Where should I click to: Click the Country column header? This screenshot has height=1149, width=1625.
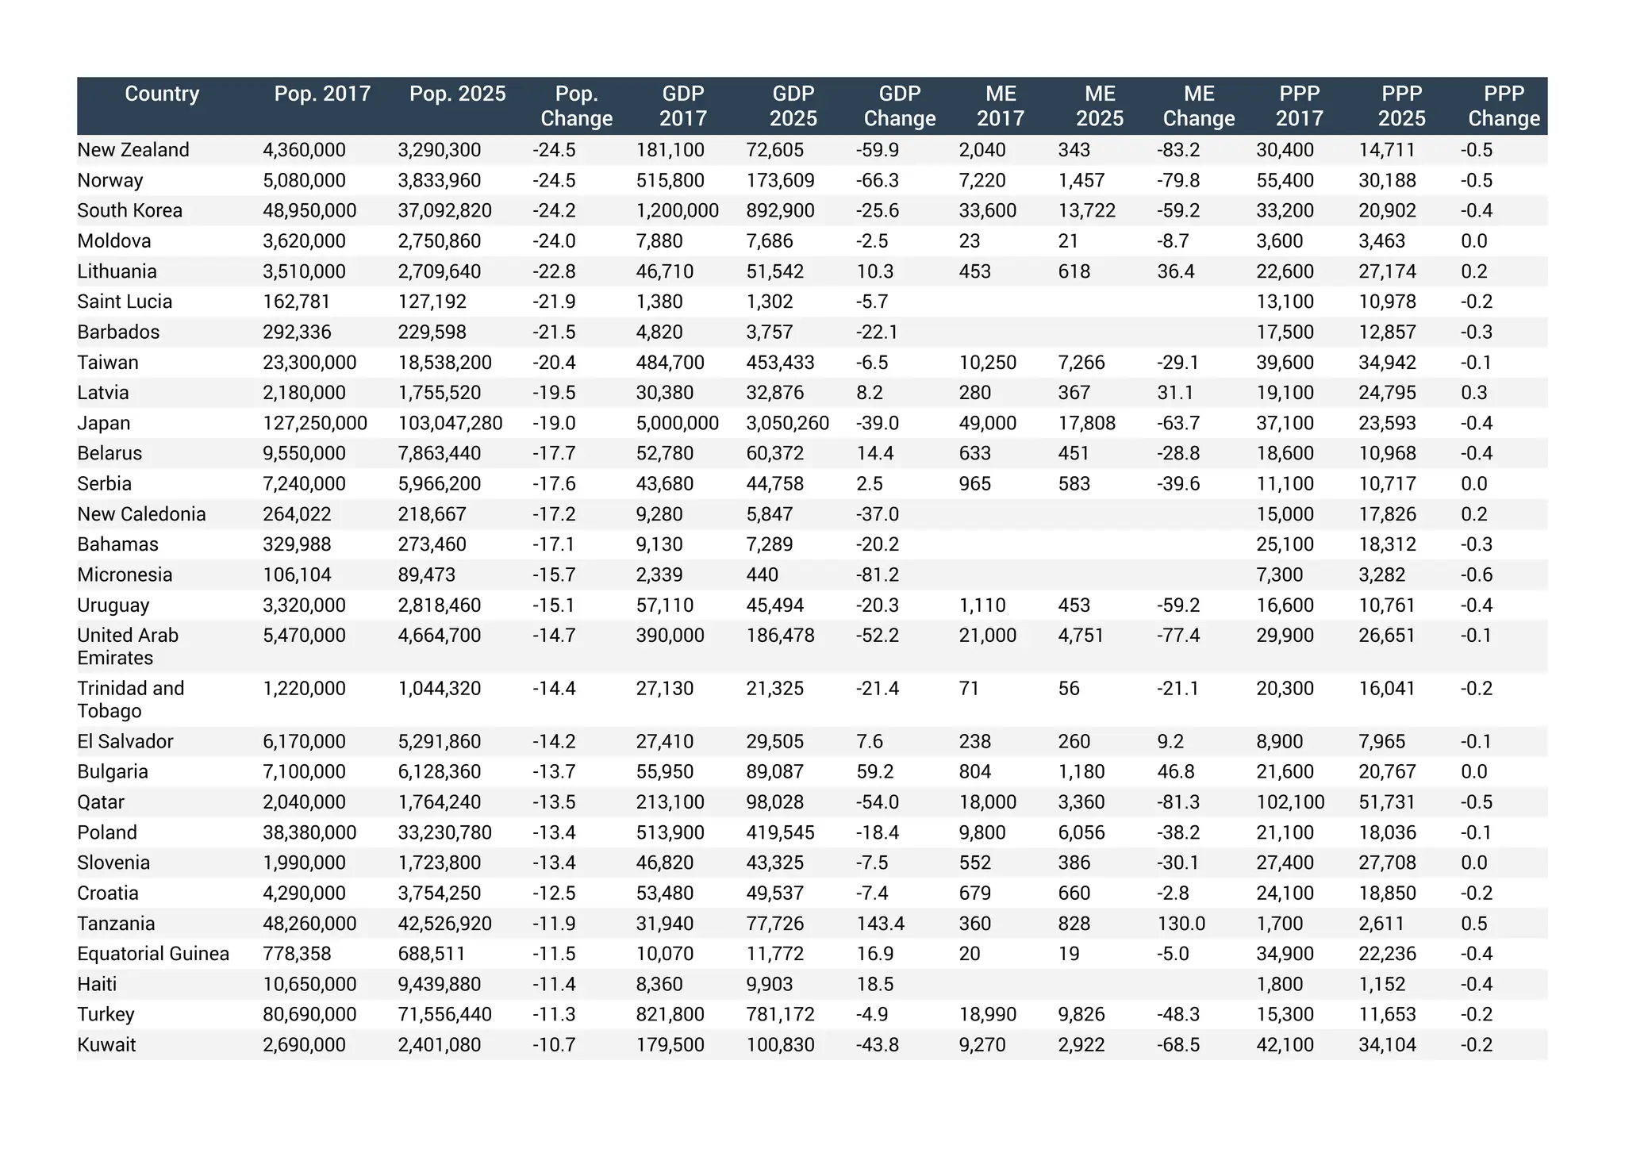(162, 94)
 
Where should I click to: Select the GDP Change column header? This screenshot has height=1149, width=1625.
(900, 106)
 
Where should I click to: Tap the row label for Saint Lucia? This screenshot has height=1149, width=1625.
(125, 302)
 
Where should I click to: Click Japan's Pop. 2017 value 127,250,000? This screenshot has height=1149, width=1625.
(315, 423)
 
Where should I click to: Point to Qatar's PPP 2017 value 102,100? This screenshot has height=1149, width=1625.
(1290, 802)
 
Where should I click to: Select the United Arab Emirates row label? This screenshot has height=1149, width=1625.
(128, 647)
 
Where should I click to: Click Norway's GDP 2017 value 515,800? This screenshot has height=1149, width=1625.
(670, 180)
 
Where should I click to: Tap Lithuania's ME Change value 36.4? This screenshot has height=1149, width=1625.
(1176, 271)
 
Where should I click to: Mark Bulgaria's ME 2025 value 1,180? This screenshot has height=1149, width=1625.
(1081, 771)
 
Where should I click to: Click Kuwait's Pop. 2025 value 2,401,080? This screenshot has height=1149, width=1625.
(440, 1045)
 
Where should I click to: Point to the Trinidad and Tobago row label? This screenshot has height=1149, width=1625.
(130, 699)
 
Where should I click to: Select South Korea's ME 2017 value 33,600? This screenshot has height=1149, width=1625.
(987, 210)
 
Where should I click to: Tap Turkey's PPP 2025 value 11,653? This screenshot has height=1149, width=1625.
(1387, 1014)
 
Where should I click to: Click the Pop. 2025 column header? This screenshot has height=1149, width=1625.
(457, 94)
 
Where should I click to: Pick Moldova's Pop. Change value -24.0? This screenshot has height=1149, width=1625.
(554, 241)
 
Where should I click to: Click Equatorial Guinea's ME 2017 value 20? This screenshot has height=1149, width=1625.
(970, 954)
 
